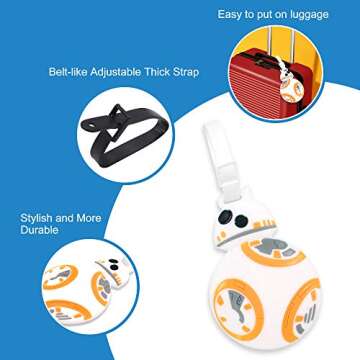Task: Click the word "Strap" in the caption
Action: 184,72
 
